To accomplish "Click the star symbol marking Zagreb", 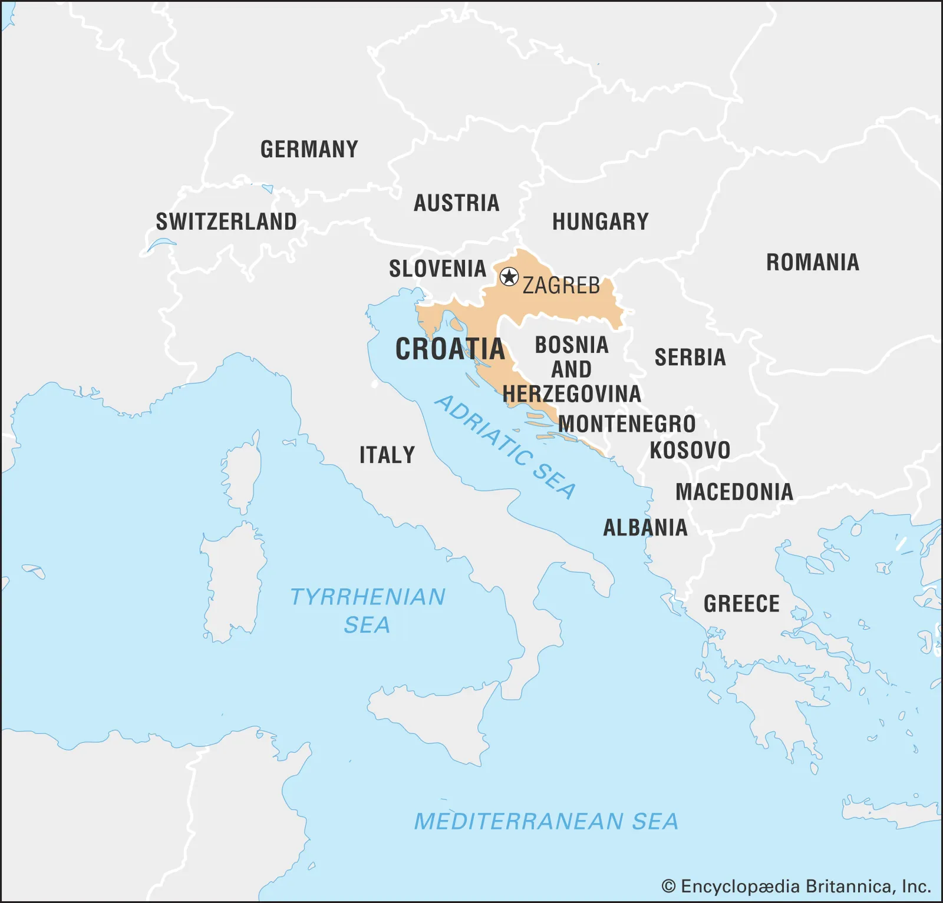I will pyautogui.click(x=509, y=276).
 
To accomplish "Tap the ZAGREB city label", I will pyautogui.click(x=561, y=286).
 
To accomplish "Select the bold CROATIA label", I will pyautogui.click(x=450, y=349).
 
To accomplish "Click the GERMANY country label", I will pyautogui.click(x=309, y=149).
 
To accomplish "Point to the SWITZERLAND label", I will pyautogui.click(x=226, y=222).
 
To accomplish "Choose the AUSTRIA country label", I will pyautogui.click(x=456, y=203).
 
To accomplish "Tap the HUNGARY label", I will pyautogui.click(x=600, y=222).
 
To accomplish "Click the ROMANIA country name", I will pyautogui.click(x=812, y=262).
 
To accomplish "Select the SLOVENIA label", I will pyautogui.click(x=437, y=269).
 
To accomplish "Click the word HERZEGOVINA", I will pyautogui.click(x=572, y=394).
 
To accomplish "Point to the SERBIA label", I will pyautogui.click(x=690, y=358).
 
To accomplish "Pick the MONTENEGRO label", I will pyautogui.click(x=627, y=424).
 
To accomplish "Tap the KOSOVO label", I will pyautogui.click(x=690, y=451).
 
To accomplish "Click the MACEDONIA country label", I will pyautogui.click(x=734, y=492).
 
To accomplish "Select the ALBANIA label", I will pyautogui.click(x=645, y=528).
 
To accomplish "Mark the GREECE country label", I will pyautogui.click(x=741, y=604).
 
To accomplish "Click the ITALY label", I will pyautogui.click(x=387, y=455).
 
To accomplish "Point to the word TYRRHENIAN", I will pyautogui.click(x=368, y=597).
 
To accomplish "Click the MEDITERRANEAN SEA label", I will pyautogui.click(x=546, y=822).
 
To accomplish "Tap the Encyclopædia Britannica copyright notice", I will pyautogui.click(x=796, y=887).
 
